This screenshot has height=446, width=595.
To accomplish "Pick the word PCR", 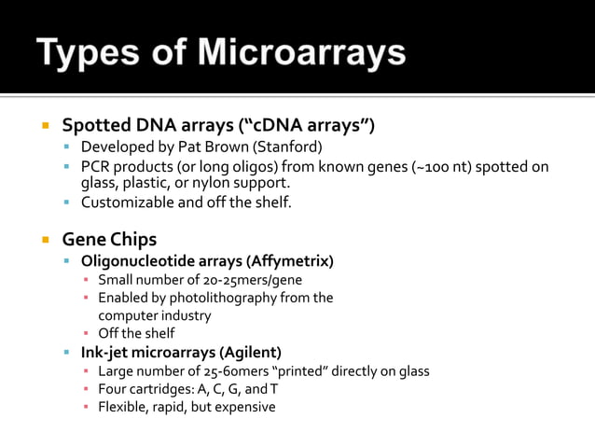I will [x=96, y=167].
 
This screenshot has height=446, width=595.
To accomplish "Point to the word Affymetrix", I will [x=292, y=260].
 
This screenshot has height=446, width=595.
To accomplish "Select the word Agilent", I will [x=248, y=352].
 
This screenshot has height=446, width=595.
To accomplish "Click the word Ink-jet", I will [x=105, y=352].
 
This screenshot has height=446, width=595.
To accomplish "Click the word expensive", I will [x=244, y=407].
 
